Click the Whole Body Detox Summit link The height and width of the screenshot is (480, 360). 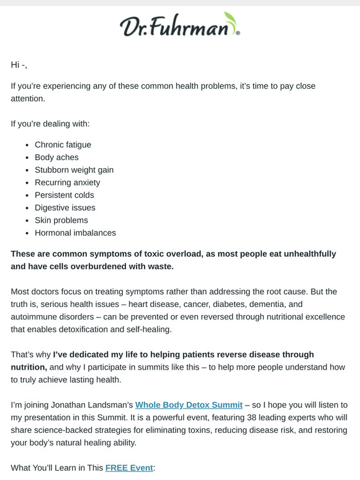point(189,405)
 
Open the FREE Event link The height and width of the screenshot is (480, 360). point(129,468)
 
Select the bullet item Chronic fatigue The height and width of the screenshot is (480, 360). point(63,144)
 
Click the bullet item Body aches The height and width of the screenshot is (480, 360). point(56,158)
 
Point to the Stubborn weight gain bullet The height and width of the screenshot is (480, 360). point(74,170)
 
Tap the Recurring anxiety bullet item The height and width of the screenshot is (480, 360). point(67,182)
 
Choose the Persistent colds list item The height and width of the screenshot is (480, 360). point(65,195)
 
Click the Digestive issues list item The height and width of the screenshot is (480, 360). point(65,208)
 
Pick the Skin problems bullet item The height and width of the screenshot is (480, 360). point(61,220)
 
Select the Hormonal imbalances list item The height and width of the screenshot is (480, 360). point(75,233)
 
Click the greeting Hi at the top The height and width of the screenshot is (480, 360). point(16,64)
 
